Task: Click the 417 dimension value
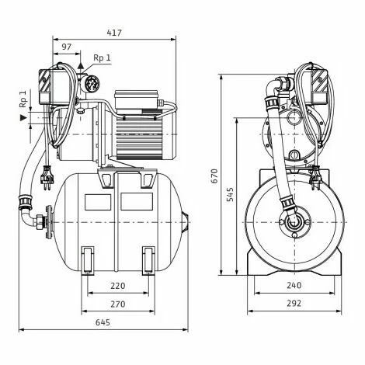[x=114, y=33]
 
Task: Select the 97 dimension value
[x=66, y=47]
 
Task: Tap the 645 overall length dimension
[x=103, y=322]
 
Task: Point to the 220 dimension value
[x=118, y=286]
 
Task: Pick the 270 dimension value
[x=118, y=304]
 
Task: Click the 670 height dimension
[x=214, y=176]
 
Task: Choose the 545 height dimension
[x=230, y=194]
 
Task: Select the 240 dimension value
[x=294, y=285]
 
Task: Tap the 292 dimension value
[x=294, y=303]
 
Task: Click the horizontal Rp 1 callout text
[x=102, y=57]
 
